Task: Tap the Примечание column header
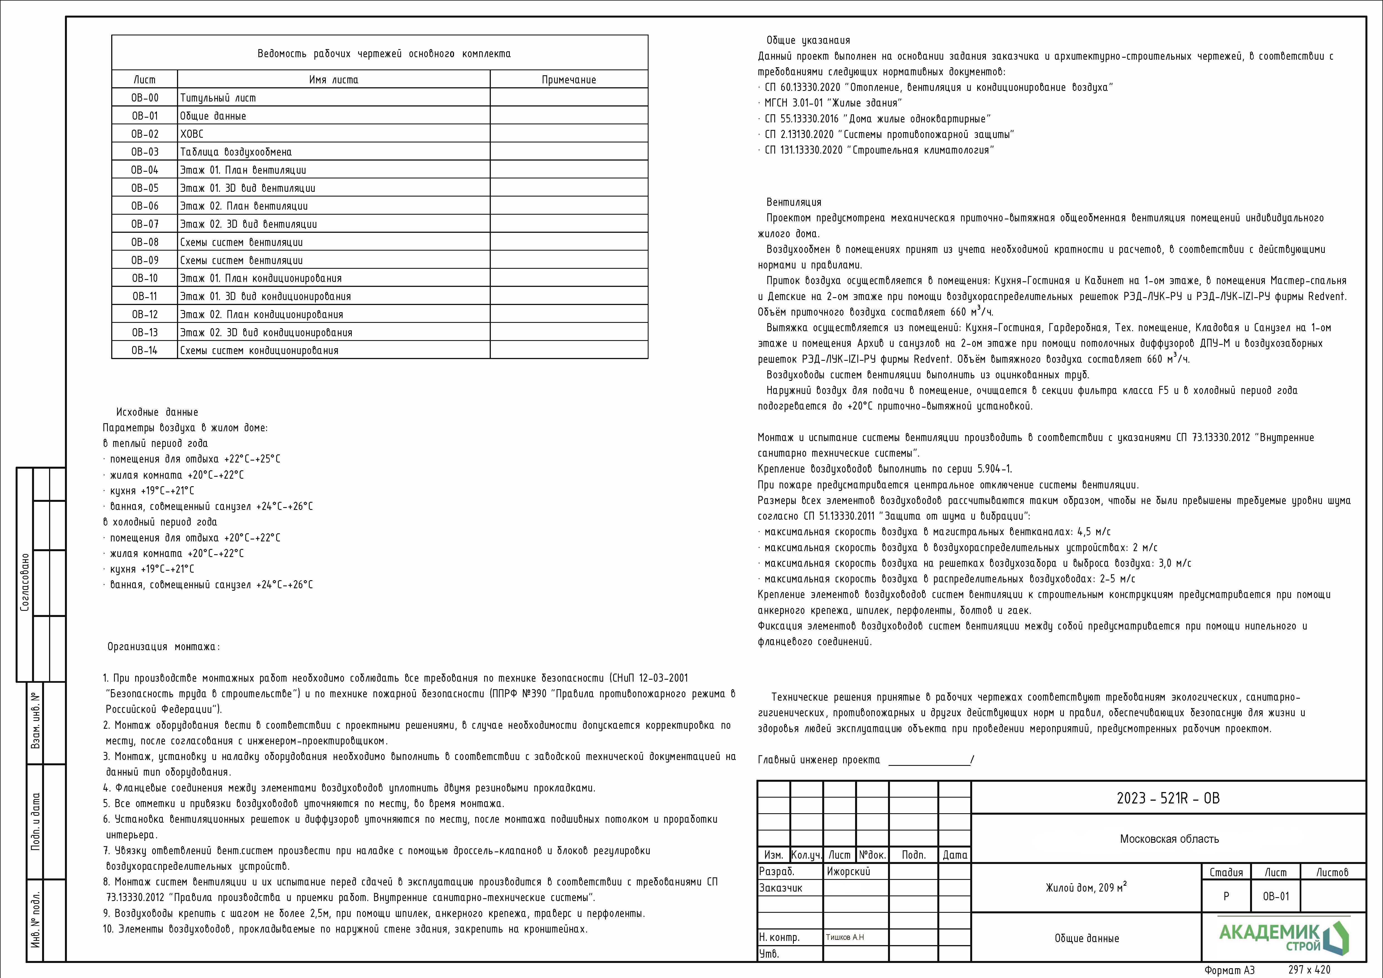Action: tap(569, 79)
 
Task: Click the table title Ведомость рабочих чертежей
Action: tap(384, 54)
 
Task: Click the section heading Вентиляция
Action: tap(793, 202)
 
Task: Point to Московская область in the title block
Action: tap(1169, 839)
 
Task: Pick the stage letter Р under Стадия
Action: tap(1226, 896)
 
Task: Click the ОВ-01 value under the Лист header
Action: tap(1276, 896)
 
